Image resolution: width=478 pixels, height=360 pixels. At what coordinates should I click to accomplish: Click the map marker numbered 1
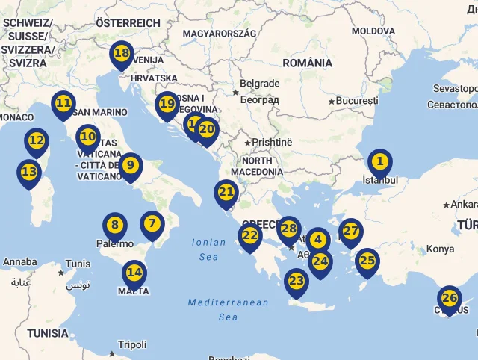[x=379, y=161]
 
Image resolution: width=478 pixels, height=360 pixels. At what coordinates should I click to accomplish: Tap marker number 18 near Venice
[x=121, y=54]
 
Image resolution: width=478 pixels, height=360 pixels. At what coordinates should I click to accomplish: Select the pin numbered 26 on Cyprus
[x=450, y=298]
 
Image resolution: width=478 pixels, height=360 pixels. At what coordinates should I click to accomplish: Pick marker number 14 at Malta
[x=134, y=273]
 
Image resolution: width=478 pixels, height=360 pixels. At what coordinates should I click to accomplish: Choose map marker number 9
[x=131, y=165]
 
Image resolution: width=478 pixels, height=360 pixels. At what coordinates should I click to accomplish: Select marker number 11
[x=63, y=103]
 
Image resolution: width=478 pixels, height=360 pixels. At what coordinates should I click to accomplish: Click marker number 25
[x=367, y=261]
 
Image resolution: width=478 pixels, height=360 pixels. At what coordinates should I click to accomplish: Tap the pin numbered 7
[x=152, y=223]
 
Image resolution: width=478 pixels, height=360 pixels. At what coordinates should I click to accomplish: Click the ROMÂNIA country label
[x=308, y=63]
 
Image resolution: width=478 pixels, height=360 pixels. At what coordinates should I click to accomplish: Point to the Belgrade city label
[x=260, y=84]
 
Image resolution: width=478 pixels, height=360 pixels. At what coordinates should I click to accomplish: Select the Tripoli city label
[x=132, y=344]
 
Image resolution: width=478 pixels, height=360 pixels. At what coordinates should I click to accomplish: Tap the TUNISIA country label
[x=47, y=333]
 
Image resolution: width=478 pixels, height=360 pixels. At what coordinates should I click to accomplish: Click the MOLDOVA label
[x=373, y=31]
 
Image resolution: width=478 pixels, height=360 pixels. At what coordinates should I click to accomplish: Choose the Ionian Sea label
[x=209, y=249]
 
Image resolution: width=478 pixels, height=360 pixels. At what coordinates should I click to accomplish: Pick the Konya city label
[x=440, y=249]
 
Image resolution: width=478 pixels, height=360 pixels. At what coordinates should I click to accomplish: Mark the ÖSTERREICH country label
[x=128, y=23]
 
